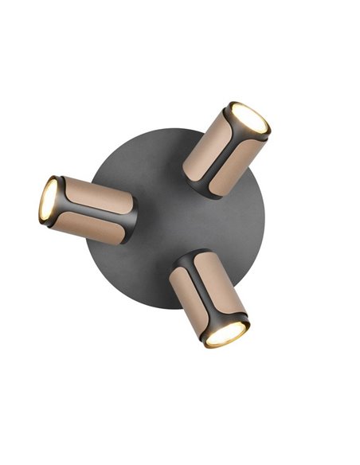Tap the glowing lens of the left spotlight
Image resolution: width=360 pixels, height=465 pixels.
(x=49, y=200)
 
